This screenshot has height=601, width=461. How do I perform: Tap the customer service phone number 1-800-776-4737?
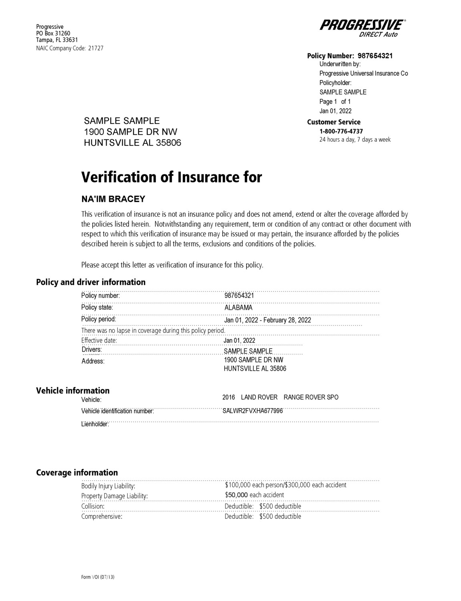coord(341,131)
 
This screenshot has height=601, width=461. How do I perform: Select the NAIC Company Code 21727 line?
coord(70,48)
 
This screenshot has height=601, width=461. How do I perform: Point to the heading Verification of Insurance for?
coord(171,177)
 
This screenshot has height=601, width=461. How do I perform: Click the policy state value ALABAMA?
coord(238,308)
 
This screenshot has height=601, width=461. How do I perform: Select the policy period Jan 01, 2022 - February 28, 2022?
coord(268,320)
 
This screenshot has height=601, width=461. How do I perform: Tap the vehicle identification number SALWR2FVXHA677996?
coord(253,411)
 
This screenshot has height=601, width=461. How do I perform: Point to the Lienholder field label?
coord(95,424)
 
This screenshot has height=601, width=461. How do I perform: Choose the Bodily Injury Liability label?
coord(108,486)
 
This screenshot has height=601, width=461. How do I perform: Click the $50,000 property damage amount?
coord(236,495)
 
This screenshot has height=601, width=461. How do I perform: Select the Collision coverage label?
coord(93,506)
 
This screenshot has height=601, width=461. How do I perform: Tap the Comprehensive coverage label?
coord(102,516)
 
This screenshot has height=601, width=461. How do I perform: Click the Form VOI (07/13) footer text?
coord(98,577)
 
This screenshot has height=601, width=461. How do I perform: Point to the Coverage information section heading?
coord(77,472)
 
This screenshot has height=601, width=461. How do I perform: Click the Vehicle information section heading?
coord(73,391)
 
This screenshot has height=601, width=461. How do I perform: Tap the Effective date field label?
coord(99,341)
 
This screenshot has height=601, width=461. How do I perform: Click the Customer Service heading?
coord(334,122)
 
